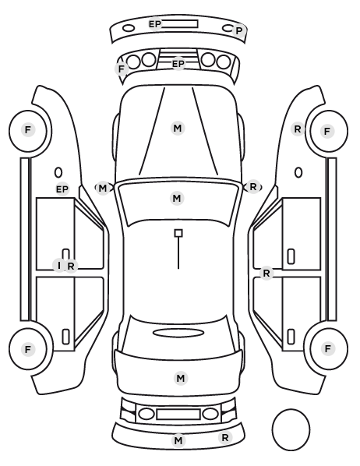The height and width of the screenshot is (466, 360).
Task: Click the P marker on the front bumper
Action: (x=239, y=30)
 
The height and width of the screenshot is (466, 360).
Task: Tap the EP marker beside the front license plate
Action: (x=155, y=24)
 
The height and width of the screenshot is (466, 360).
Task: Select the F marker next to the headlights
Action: (x=122, y=69)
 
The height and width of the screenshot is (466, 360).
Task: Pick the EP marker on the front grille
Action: (x=178, y=64)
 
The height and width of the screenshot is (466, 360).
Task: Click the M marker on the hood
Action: (x=178, y=129)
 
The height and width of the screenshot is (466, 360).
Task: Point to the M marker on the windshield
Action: (x=177, y=198)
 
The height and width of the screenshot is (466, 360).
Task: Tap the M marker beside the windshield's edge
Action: (x=103, y=188)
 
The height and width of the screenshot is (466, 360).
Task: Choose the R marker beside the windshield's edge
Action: (x=253, y=187)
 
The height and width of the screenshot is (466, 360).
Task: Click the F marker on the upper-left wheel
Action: (x=28, y=130)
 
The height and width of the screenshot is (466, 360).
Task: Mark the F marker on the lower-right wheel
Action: (x=328, y=348)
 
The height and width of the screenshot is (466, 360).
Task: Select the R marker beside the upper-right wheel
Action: (x=298, y=129)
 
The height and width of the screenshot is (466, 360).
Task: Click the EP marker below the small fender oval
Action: (x=62, y=189)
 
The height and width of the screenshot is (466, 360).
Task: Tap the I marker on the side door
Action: (x=59, y=266)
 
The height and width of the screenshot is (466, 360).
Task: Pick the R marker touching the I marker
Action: (x=71, y=267)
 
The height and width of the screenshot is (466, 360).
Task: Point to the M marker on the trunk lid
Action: (x=181, y=378)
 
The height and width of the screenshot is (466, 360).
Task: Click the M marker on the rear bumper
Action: (x=178, y=440)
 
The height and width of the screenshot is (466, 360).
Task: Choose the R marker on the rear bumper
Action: (x=225, y=437)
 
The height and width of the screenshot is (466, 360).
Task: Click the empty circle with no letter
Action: (x=291, y=410)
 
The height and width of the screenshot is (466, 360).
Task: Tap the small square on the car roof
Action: (x=178, y=233)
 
